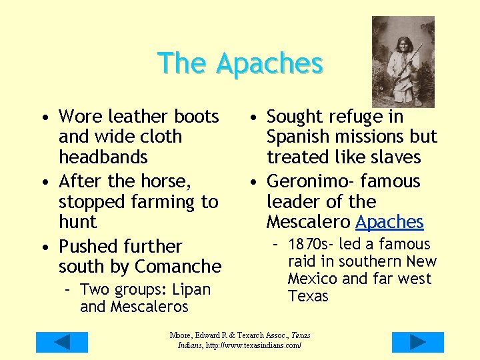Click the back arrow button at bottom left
[x=61, y=342]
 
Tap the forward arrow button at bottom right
[x=417, y=342]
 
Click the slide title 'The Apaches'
[x=240, y=63]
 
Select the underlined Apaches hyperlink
[x=390, y=222]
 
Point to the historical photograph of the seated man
[x=403, y=61]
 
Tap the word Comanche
[x=178, y=267]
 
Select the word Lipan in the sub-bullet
[x=191, y=290]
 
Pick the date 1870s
[x=313, y=245]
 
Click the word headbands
[x=103, y=157]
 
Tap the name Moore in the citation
[x=182, y=335]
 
